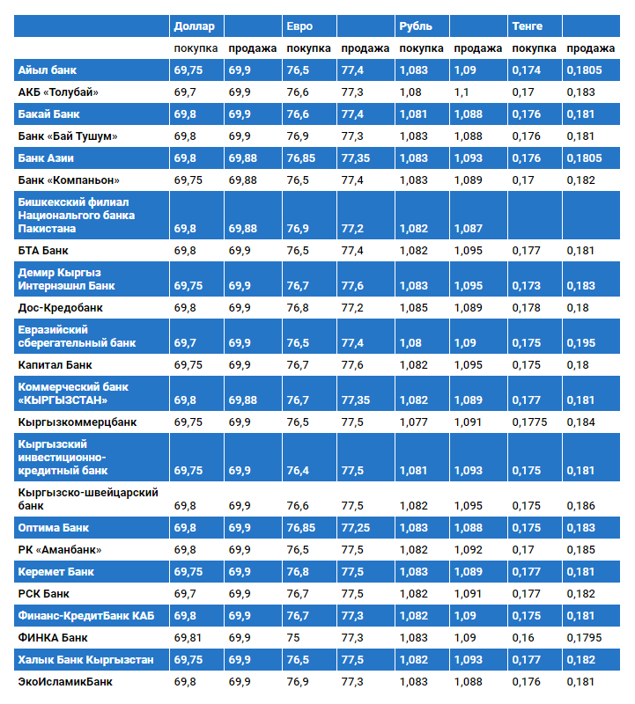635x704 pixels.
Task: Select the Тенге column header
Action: (528, 26)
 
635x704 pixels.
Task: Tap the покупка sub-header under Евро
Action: (309, 48)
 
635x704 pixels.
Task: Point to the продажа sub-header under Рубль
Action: (478, 48)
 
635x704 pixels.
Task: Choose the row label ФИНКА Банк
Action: (53, 637)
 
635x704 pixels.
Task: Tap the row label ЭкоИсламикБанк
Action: (65, 681)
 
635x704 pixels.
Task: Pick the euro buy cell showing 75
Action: (294, 637)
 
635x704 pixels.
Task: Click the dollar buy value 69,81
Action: (188, 637)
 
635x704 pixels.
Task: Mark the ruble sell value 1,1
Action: (461, 92)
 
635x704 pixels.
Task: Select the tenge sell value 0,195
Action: (581, 342)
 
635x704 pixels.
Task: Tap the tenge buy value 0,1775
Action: (529, 422)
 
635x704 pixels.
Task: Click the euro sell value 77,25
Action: (356, 528)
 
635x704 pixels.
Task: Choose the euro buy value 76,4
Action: (299, 471)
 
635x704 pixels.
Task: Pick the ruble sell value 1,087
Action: (468, 229)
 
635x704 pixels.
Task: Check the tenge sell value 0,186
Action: (581, 506)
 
